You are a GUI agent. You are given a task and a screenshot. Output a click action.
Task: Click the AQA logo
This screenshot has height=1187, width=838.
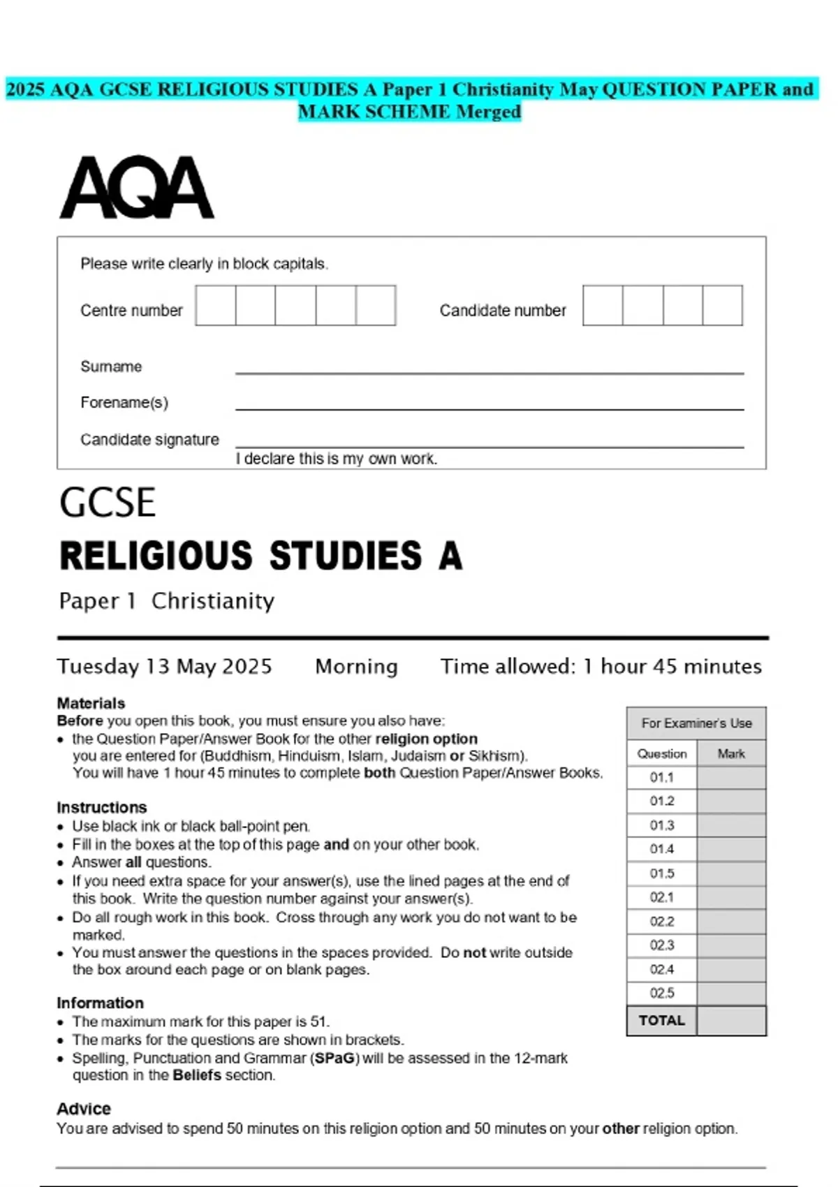pyautogui.click(x=137, y=187)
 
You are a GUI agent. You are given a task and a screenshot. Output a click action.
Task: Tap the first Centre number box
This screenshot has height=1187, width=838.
pyautogui.click(x=216, y=306)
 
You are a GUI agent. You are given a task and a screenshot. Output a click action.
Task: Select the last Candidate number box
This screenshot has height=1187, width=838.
pyautogui.click(x=722, y=306)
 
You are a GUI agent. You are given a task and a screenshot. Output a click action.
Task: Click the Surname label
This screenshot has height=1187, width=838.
pyautogui.click(x=111, y=367)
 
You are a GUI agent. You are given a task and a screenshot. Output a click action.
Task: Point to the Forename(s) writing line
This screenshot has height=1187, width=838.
pyautogui.click(x=489, y=408)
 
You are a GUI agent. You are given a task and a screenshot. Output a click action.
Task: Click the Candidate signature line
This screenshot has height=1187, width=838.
pyautogui.click(x=489, y=445)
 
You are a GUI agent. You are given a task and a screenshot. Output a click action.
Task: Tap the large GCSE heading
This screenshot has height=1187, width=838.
pyautogui.click(x=108, y=503)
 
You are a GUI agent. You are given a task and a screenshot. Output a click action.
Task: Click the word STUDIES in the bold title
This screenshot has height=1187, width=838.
pyautogui.click(x=346, y=556)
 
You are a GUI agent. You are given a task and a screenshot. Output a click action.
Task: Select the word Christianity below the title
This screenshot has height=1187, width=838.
pyautogui.click(x=213, y=601)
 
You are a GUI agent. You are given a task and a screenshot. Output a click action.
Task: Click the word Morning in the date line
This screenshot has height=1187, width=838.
pyautogui.click(x=356, y=667)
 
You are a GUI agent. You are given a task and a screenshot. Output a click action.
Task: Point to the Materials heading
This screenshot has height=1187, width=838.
pyautogui.click(x=91, y=703)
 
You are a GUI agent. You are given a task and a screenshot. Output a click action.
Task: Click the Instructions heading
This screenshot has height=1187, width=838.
pyautogui.click(x=102, y=807)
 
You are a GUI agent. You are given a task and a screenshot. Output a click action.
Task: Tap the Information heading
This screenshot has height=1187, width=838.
pyautogui.click(x=100, y=1003)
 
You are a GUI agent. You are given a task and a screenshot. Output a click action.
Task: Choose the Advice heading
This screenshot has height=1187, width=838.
pyautogui.click(x=84, y=1109)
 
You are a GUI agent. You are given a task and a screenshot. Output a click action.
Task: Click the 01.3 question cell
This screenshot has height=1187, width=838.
pyautogui.click(x=662, y=825)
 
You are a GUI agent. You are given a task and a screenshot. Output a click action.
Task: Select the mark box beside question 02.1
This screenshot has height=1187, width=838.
pyautogui.click(x=731, y=897)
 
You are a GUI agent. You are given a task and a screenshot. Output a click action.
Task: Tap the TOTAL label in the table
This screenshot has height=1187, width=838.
pyautogui.click(x=662, y=1020)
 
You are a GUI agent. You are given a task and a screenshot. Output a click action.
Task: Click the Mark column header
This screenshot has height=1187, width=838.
pyautogui.click(x=731, y=753)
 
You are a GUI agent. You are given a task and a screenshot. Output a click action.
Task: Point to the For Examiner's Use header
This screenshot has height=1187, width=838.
pyautogui.click(x=696, y=723)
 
